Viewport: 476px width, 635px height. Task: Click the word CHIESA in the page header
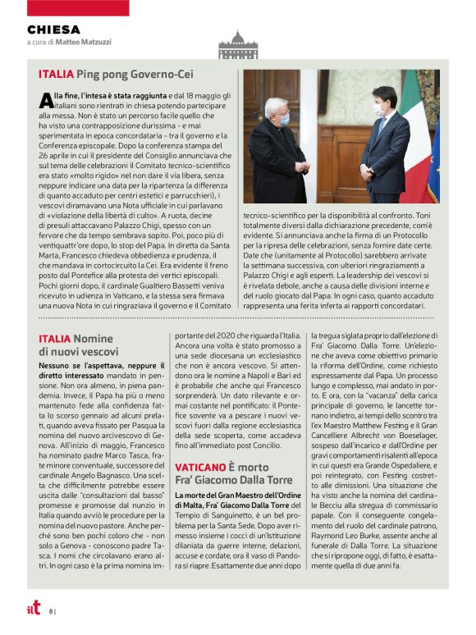[x=53, y=30]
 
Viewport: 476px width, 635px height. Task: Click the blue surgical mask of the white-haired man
[x=286, y=119]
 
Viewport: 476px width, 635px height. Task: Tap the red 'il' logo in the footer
[x=33, y=609]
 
